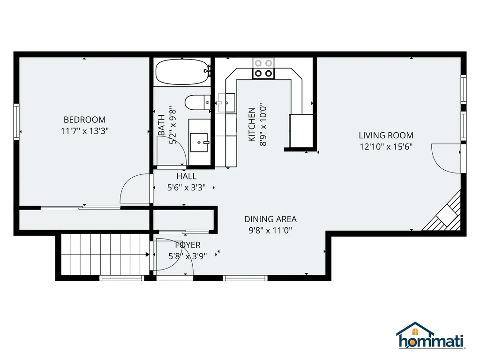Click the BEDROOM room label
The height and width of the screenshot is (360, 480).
[84, 120]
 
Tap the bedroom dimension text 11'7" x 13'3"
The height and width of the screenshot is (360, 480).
[84, 131]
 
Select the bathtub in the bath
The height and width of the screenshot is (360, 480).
[182, 72]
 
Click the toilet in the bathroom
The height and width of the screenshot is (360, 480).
[197, 102]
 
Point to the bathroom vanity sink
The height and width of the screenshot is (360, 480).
[199, 142]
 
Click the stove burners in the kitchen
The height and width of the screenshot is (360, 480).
[263, 68]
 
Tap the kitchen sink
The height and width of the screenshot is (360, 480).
[226, 103]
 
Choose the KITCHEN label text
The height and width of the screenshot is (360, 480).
[252, 125]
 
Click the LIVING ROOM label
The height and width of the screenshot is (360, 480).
[386, 135]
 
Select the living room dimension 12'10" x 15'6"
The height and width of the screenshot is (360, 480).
[386, 147]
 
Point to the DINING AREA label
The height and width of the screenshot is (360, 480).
[270, 219]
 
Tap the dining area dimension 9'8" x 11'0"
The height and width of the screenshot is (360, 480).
[270, 230]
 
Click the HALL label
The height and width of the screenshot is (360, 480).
[187, 176]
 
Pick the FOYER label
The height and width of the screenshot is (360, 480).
[187, 245]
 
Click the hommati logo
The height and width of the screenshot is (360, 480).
[430, 336]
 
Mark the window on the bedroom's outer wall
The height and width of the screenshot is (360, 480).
[16, 122]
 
